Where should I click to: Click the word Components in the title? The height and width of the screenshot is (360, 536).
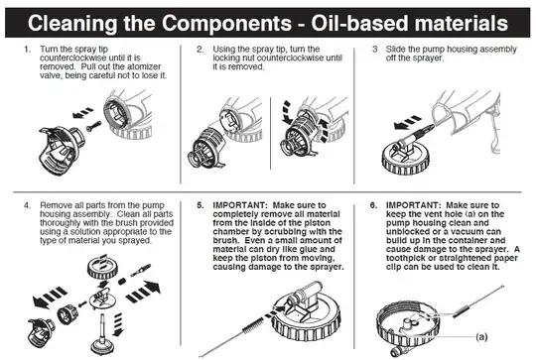click(226, 23)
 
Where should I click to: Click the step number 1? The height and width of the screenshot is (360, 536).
click(28, 50)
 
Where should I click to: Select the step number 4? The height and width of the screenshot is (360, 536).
click(28, 205)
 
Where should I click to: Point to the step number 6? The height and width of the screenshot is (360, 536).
click(373, 205)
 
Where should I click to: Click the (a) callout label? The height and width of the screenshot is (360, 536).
click(481, 337)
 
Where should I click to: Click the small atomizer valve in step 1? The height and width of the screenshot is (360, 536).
click(93, 126)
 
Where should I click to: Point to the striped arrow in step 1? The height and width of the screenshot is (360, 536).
click(82, 113)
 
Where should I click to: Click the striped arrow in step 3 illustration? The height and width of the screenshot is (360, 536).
click(407, 123)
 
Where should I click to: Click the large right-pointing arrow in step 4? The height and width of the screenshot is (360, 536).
click(143, 292)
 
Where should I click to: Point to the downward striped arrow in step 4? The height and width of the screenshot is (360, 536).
click(118, 323)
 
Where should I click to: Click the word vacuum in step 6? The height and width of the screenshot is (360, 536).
click(467, 232)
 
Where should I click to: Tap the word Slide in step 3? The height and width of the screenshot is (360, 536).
click(395, 50)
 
